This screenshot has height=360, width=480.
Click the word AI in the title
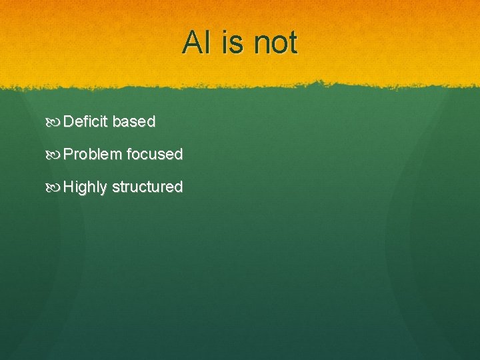pos(197,43)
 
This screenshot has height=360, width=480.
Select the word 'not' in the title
pos(275,43)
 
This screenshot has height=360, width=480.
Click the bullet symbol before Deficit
pos(54,122)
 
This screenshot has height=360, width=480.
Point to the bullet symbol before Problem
pos(54,155)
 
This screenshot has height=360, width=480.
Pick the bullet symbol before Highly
pos(54,187)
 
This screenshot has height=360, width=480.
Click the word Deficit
pos(87,121)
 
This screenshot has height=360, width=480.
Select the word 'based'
pos(134,121)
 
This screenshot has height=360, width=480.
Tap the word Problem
pos(93,154)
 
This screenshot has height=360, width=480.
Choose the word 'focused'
pos(155,154)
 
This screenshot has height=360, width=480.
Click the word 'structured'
pos(147,187)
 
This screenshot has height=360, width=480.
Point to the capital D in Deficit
pos(69,121)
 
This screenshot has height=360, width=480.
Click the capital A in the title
pos(192,43)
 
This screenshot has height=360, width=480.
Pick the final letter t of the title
pos(292,43)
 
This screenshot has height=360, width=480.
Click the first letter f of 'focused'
pos(129,154)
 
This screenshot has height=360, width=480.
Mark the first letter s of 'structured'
pos(115,187)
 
